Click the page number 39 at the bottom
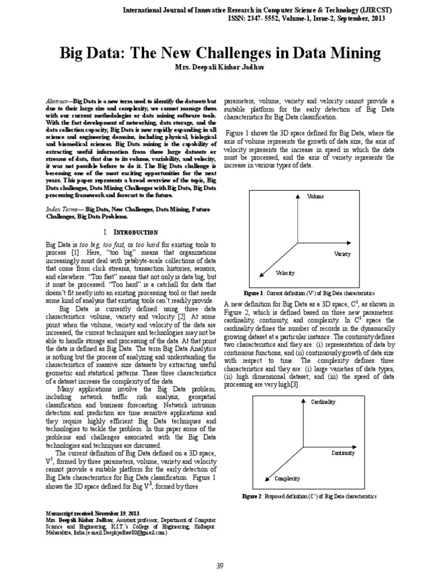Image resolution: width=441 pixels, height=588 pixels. pyautogui.click(x=220, y=566)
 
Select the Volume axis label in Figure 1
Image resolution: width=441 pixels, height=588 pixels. pyautogui.click(x=316, y=196)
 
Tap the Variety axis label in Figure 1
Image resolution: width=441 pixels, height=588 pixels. pyautogui.click(x=342, y=253)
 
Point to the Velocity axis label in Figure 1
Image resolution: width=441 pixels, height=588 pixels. pyautogui.click(x=285, y=273)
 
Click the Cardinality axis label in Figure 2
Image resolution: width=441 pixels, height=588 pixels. pyautogui.click(x=323, y=402)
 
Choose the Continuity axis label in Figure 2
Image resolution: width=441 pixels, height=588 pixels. pyautogui.click(x=343, y=453)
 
